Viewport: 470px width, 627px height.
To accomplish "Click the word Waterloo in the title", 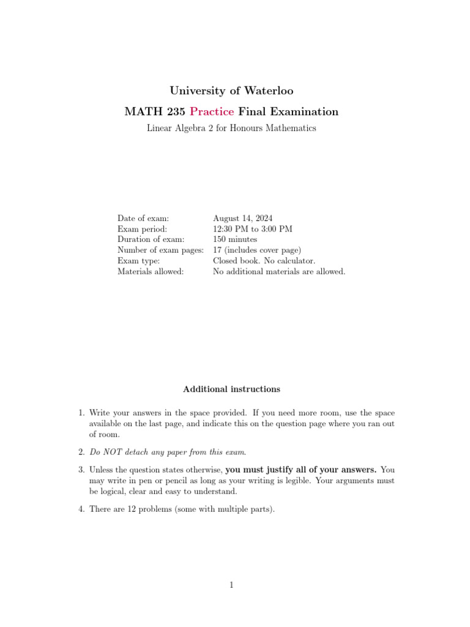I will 269,91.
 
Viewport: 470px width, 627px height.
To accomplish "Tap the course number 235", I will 173,111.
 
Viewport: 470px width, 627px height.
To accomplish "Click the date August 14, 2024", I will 243,218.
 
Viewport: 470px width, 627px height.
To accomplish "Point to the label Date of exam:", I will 143,218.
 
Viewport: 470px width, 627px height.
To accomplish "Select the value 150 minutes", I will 235,239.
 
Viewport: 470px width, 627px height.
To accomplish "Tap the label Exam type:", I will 139,261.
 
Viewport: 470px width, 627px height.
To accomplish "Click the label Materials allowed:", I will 151,271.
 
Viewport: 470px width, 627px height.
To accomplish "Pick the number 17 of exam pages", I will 218,250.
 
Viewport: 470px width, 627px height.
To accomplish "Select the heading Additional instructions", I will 231,389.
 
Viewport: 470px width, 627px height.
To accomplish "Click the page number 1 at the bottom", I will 232,585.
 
